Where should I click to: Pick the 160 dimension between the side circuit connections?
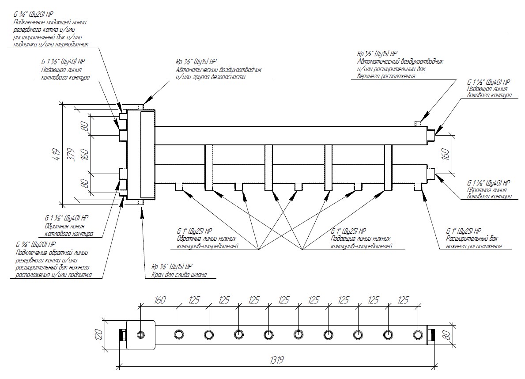[x=446, y=154]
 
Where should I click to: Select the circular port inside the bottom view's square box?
[x=141, y=334]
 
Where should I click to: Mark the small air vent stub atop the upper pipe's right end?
[x=417, y=123]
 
